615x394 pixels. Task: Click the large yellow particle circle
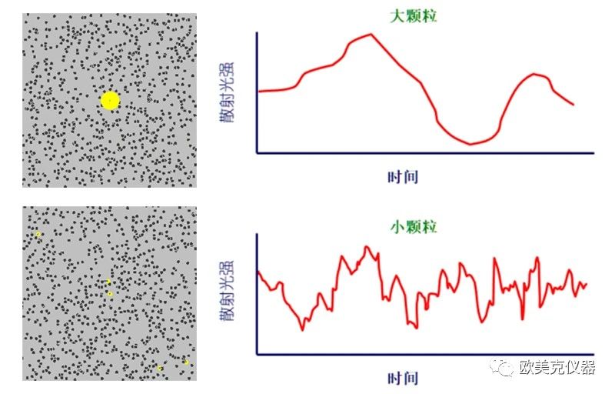(110, 100)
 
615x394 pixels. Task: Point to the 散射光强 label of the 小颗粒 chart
(228, 292)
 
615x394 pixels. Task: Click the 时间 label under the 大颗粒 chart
(402, 176)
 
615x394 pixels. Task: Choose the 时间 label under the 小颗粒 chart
(402, 378)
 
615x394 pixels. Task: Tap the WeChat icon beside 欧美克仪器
(504, 369)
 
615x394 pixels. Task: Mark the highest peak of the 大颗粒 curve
(371, 34)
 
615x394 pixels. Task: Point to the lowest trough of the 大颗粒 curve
(470, 144)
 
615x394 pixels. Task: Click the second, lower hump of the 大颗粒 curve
(535, 74)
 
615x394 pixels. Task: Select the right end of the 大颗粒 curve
(573, 104)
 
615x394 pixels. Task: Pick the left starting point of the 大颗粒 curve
(258, 92)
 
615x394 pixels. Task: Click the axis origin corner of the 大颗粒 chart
(257, 152)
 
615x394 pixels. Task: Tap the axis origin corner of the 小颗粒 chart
(257, 354)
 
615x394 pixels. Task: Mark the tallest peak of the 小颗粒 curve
(367, 246)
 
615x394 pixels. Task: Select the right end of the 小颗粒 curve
(587, 284)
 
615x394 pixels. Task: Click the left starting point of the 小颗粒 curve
(258, 272)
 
